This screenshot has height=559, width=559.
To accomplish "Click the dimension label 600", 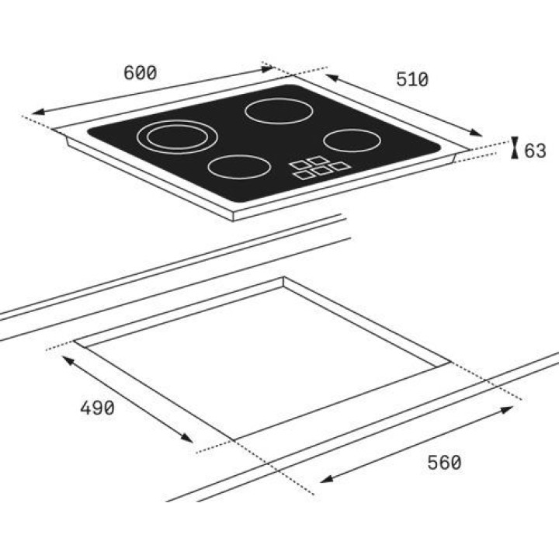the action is tap(140, 73).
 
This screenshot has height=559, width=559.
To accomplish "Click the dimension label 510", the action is tap(412, 79).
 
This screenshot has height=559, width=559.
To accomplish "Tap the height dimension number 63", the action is tap(535, 151).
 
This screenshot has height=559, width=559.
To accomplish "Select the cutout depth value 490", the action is tap(97, 408).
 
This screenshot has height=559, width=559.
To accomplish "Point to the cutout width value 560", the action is tap(444, 463).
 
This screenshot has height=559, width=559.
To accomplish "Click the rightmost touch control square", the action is tap(340, 166).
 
